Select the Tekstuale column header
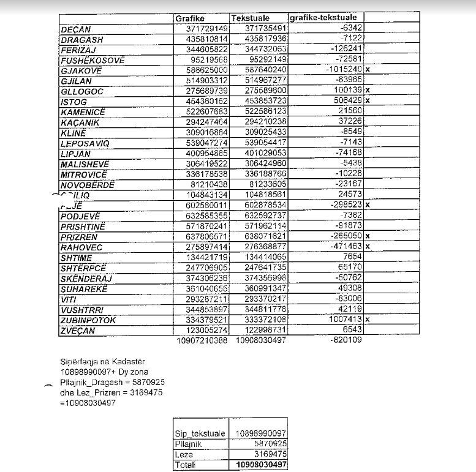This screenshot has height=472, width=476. pos(251,18)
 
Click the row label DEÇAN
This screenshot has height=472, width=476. pos(75,29)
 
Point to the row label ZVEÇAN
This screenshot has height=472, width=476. pos(78,331)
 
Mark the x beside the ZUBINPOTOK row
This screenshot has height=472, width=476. pos(368,320)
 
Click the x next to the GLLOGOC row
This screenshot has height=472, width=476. pos(368,91)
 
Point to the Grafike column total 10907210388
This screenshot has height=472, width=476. pos(202,340)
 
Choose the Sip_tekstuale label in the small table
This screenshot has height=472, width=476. pos(200,433)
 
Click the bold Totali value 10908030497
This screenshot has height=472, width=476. pos(260,466)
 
